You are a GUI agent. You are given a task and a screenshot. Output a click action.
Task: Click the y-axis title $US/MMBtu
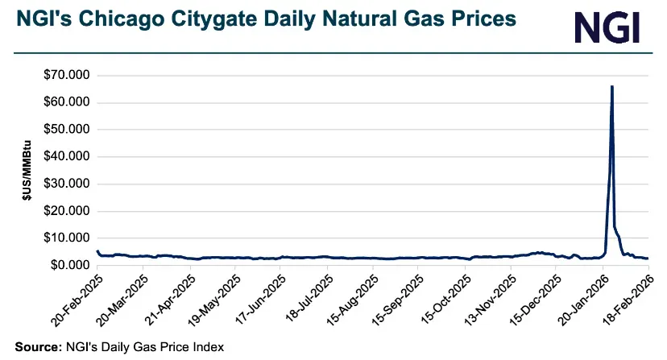27,170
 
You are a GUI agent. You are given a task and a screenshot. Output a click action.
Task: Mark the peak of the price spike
612,86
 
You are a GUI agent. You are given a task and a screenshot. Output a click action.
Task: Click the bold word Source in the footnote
35,347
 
